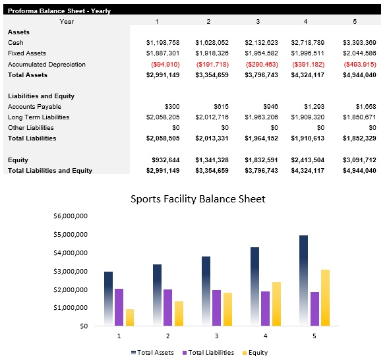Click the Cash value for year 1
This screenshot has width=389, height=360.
point(162,42)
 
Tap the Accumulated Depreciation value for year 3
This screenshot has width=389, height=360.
point(261,65)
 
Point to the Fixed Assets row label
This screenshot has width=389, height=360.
point(26,53)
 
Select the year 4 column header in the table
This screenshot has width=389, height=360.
point(305,21)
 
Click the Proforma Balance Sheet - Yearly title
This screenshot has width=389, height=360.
point(59,11)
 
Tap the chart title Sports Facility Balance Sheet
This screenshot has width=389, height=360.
point(198,198)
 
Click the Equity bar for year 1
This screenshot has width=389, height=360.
point(130,317)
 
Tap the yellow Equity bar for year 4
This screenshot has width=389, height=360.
point(277,304)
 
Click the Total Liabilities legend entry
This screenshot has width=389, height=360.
point(208,352)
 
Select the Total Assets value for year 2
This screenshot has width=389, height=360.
point(212,75)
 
